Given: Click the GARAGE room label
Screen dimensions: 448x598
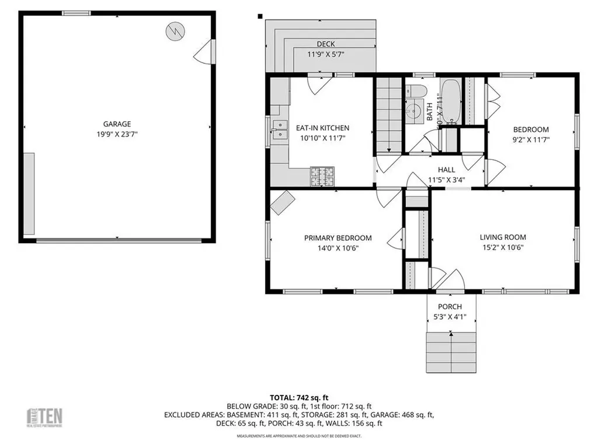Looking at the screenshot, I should (117, 124).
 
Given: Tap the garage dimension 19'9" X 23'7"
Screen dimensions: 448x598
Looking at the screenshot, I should (117, 134).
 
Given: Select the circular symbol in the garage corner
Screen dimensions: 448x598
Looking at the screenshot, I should (173, 31).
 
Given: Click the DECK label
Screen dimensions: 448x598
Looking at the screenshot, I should (325, 44).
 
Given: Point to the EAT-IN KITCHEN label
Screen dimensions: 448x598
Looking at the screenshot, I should (322, 128).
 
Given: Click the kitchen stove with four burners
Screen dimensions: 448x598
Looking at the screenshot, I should (322, 176).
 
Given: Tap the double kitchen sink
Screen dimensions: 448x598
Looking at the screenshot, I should (279, 129).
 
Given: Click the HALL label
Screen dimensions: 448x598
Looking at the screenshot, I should (446, 170).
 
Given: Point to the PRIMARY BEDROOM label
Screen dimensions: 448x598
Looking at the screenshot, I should (338, 238).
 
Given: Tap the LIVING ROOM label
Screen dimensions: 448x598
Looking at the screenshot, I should (503, 237).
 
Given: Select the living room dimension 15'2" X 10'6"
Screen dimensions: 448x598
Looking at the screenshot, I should (503, 247).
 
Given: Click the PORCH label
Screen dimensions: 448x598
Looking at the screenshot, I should (450, 307).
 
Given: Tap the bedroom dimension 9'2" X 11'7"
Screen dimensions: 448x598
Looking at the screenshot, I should (531, 139).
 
